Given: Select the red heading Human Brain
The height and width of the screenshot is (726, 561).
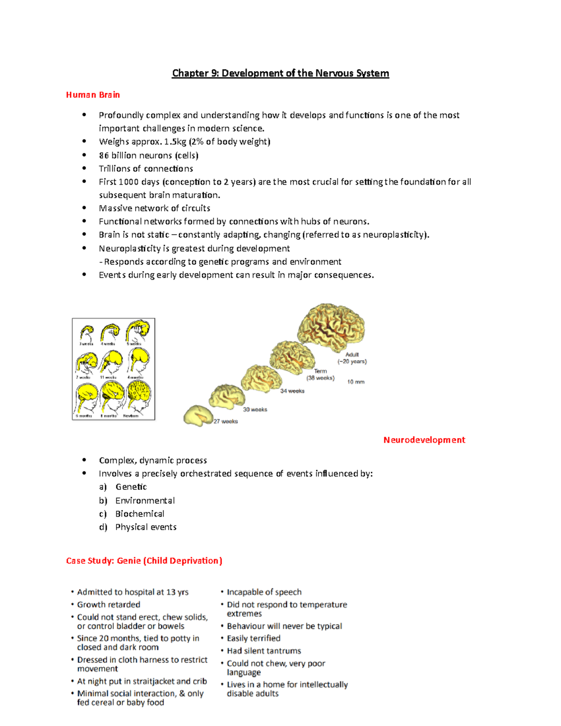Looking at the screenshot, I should (93, 95).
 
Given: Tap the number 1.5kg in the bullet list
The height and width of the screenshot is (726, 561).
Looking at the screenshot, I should (175, 142).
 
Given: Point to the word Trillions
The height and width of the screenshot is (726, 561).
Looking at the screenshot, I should (115, 169).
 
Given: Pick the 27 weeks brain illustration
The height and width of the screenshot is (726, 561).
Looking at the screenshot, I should (198, 415).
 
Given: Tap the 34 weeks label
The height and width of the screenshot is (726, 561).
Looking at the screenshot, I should (292, 391).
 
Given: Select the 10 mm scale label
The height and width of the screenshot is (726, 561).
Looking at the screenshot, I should (355, 382).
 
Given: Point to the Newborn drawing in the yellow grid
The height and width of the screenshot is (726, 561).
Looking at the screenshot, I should (138, 396).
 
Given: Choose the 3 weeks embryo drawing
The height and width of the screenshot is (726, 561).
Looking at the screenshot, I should (86, 333).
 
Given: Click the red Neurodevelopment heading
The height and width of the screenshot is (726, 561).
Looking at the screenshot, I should (424, 440).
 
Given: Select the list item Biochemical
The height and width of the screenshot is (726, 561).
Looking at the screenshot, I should (140, 514).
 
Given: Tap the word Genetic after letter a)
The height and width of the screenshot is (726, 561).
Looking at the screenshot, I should (131, 487).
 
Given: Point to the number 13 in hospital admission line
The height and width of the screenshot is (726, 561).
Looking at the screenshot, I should (171, 592).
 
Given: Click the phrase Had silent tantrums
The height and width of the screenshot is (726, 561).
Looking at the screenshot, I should (264, 651).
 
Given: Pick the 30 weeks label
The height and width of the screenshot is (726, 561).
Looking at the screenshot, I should (255, 410).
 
